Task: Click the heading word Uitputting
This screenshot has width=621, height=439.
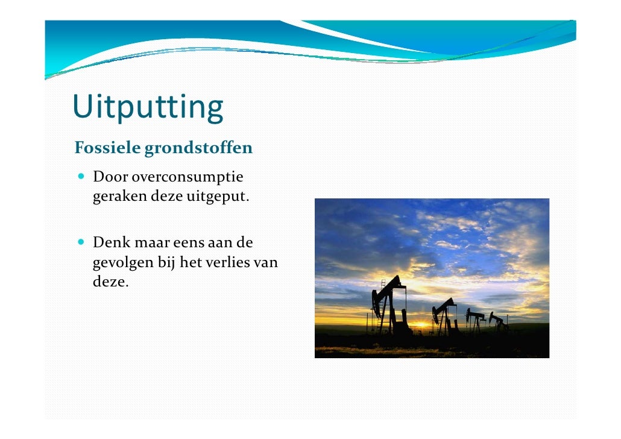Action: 148,107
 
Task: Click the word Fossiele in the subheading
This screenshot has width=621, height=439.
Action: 107,148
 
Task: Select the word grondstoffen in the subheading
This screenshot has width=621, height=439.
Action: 198,148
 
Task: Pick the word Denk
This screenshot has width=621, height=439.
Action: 109,243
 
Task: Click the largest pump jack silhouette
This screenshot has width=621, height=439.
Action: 389,305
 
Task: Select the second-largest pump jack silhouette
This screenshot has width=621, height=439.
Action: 445,315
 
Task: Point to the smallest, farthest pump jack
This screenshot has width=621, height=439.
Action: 498,321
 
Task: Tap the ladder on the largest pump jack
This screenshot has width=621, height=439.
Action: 381,308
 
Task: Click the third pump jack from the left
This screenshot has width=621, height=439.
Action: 476,320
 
